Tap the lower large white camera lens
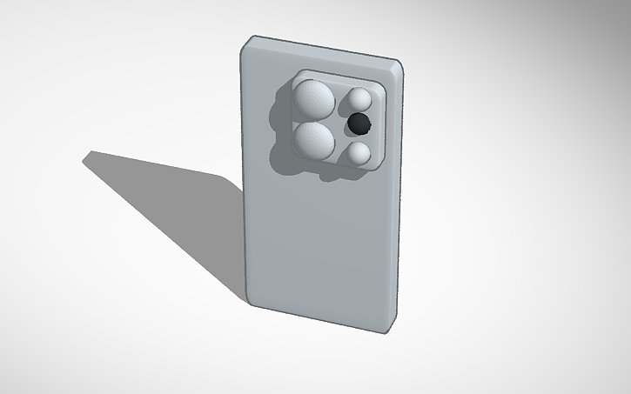tap(314, 141)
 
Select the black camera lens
tap(358, 124)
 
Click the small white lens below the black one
tap(358, 154)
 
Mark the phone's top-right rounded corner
tap(400, 65)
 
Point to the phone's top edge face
tap(326, 51)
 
